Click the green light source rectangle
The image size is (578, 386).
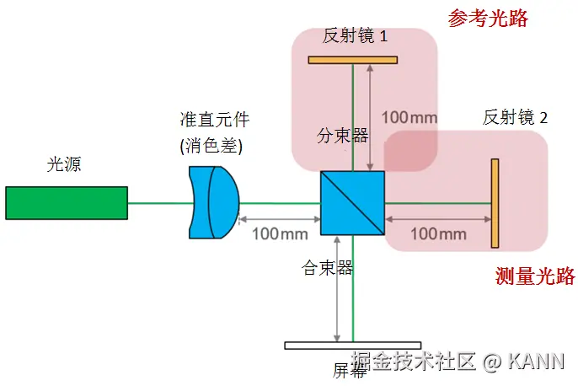(x=66, y=202)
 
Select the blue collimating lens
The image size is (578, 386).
(x=213, y=202)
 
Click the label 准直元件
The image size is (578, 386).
(x=216, y=120)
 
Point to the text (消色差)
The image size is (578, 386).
(x=211, y=146)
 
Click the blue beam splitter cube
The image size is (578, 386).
(x=352, y=203)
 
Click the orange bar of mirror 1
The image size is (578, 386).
(x=352, y=60)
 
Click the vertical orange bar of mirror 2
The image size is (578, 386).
(x=495, y=203)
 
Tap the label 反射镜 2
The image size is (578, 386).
(x=515, y=118)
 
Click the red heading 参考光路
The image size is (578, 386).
(x=488, y=19)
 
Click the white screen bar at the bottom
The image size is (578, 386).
(x=352, y=345)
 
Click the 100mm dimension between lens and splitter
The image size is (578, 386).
(x=280, y=233)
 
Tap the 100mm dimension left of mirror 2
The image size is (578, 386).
(x=438, y=233)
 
